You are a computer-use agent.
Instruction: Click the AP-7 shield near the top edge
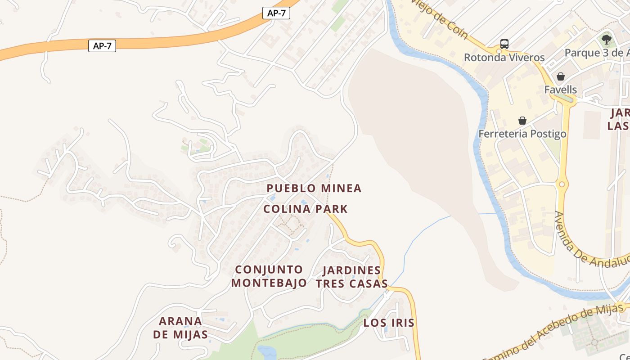click(x=276, y=13)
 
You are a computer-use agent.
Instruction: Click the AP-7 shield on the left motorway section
click(x=102, y=45)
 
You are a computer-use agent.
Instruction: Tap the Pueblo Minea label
click(x=314, y=188)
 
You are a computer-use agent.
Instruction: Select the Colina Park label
click(x=306, y=209)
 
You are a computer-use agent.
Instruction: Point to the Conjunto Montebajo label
click(x=269, y=276)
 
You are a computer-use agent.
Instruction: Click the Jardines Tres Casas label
click(x=351, y=277)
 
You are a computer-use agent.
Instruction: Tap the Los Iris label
click(x=389, y=323)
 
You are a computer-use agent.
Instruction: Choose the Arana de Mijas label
click(x=180, y=328)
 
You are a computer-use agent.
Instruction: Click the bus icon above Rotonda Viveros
click(x=504, y=44)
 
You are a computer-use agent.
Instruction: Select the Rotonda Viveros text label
click(x=504, y=58)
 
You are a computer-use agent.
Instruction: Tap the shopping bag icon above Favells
click(x=560, y=76)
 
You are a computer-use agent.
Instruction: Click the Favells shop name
click(x=560, y=90)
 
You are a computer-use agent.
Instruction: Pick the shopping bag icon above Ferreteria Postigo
click(x=522, y=121)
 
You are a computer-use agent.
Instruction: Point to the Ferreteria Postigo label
click(x=522, y=134)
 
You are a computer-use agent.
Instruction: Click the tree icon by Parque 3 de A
click(x=607, y=40)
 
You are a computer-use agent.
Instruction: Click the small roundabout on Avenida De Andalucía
click(x=562, y=184)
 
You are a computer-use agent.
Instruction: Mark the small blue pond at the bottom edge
click(x=266, y=352)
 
